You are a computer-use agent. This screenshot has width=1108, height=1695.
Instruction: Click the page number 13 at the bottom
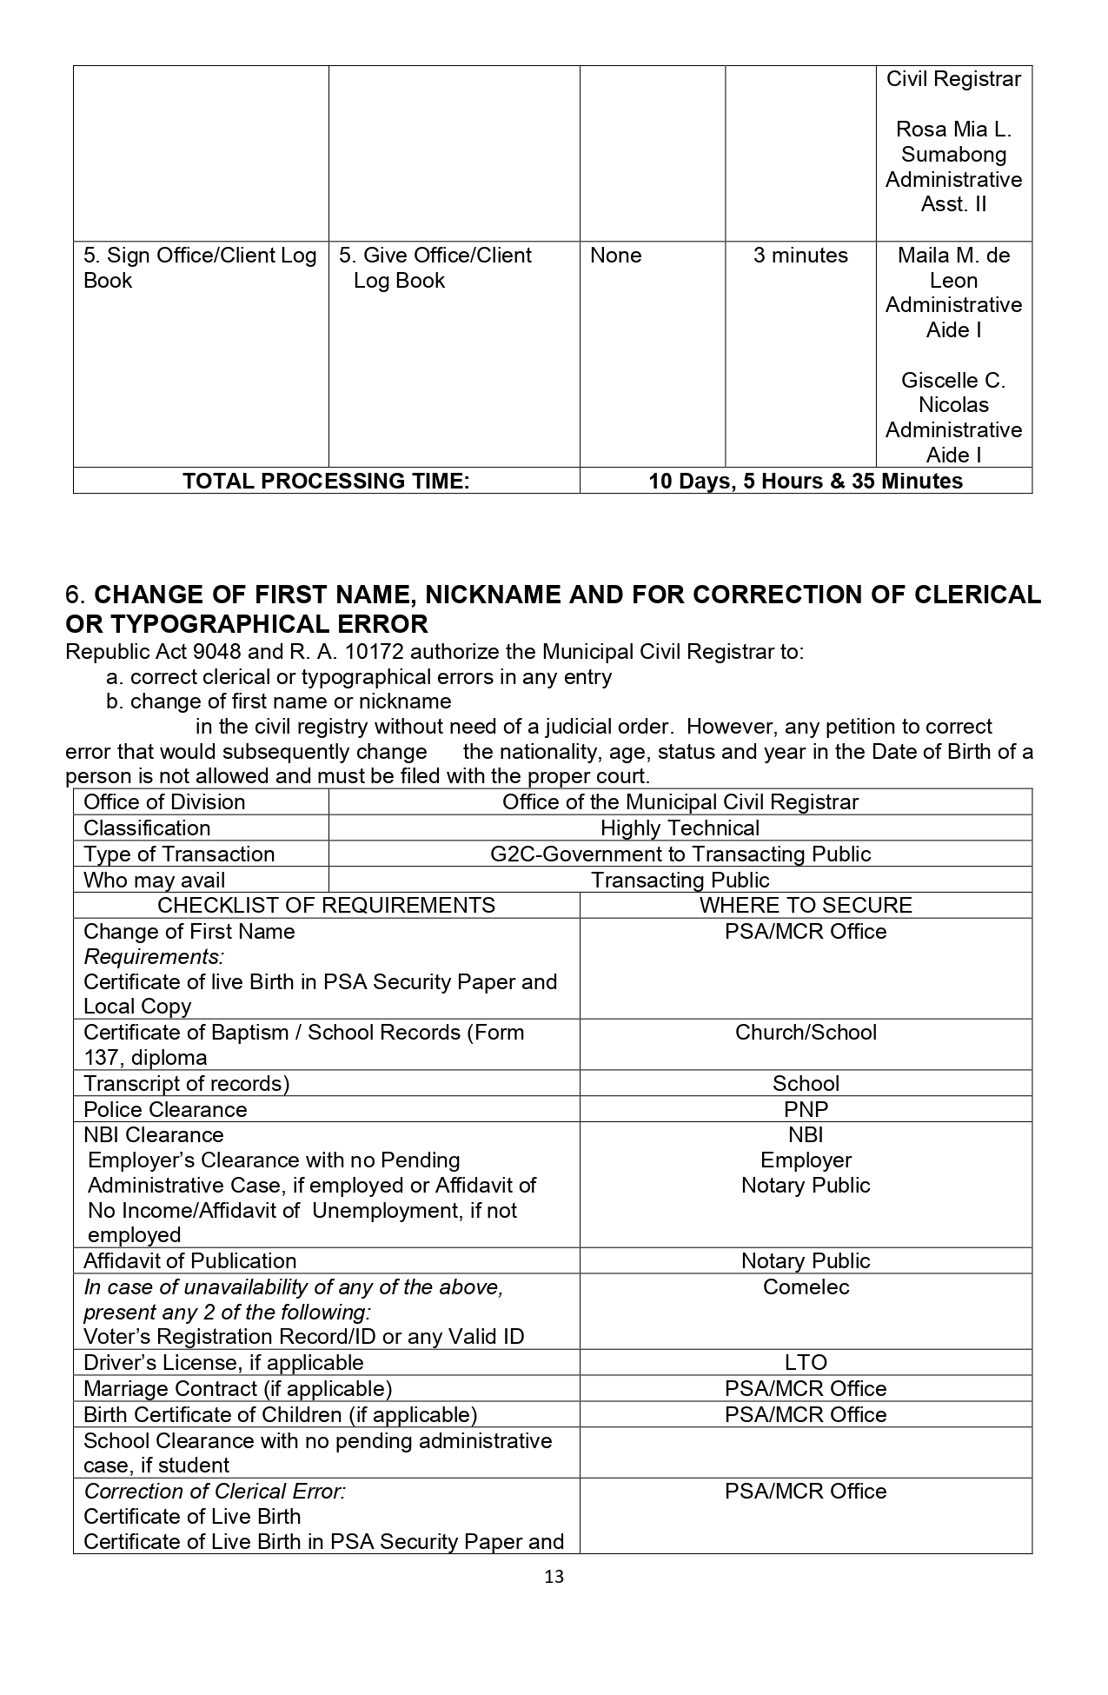554,1577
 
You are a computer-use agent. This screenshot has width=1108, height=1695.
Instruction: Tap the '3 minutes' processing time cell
800,256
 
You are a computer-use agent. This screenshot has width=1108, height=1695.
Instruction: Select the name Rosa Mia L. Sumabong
953,142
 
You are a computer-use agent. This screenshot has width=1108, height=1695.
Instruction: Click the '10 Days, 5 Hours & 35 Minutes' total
806,481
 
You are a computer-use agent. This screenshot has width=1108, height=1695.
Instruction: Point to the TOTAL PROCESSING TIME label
326,481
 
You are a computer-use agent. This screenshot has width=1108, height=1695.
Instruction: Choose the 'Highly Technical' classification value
680,828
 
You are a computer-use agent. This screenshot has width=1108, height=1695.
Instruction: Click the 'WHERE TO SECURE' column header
806,905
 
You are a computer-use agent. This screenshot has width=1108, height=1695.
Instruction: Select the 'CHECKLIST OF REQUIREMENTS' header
326,905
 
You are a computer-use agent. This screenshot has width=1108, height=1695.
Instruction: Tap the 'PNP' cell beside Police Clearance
806,1109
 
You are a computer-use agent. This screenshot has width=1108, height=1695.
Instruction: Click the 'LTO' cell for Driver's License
806,1362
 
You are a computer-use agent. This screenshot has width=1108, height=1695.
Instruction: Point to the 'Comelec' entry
806,1286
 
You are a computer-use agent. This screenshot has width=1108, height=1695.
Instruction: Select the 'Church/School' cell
806,1033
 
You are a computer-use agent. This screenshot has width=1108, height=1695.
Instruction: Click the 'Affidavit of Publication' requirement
189,1260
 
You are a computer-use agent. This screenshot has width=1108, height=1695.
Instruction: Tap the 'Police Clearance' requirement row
165,1109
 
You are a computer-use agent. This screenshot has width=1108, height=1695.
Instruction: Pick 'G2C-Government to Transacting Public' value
680,854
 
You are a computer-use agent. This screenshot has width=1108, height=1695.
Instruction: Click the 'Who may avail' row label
154,880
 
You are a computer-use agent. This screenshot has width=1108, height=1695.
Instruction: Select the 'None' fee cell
615,256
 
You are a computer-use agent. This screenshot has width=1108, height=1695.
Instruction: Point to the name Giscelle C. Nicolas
953,393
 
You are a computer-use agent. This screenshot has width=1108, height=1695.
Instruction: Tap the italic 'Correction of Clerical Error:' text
215,1491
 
